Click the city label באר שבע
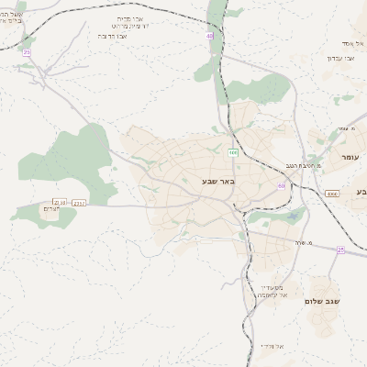pyautogui.click(x=219, y=181)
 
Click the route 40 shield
pyautogui.click(x=210, y=36)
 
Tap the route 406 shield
pyautogui.click(x=233, y=152)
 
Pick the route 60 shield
pyautogui.click(x=282, y=185)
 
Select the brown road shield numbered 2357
pyautogui.click(x=79, y=202)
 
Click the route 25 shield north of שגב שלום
pyautogui.click(x=340, y=250)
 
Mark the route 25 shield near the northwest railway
pyautogui.click(x=27, y=52)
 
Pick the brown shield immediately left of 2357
pyautogui.click(x=61, y=202)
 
